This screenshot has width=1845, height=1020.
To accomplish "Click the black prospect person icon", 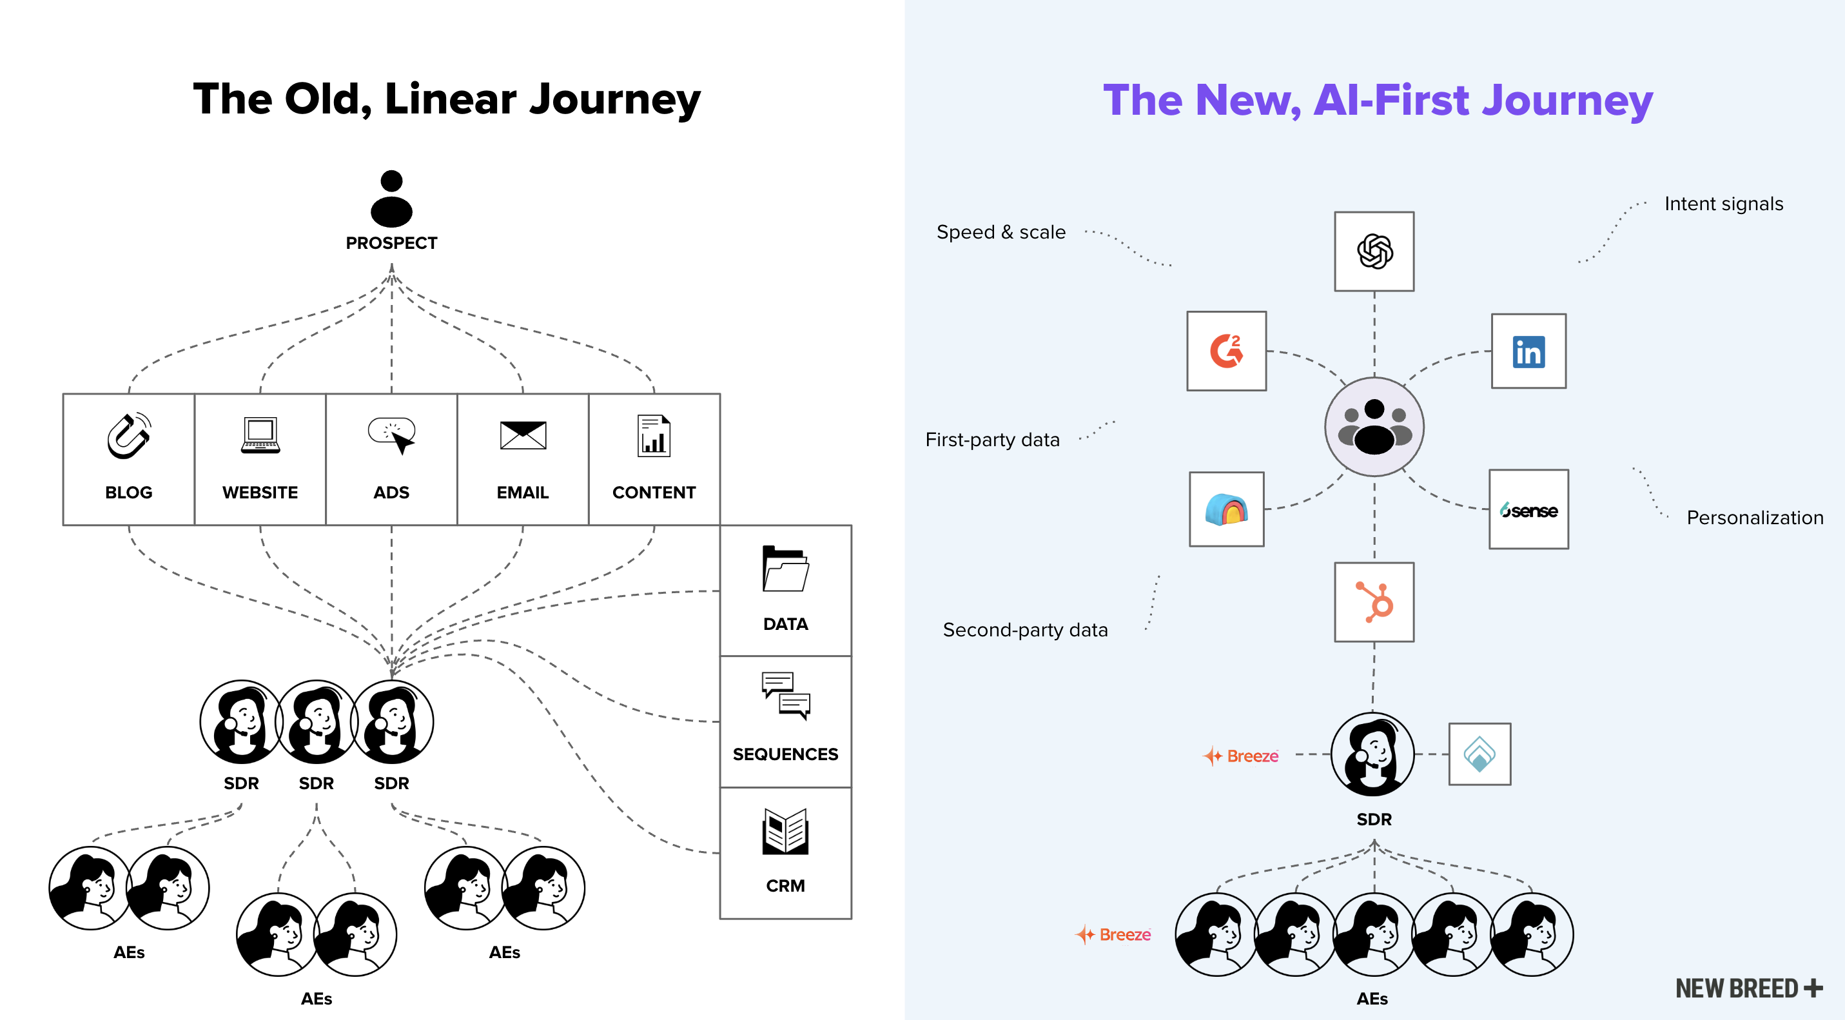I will (391, 199).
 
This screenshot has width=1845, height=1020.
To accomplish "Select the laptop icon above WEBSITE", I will (260, 435).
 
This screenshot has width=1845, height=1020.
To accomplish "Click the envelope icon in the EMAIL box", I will (523, 435).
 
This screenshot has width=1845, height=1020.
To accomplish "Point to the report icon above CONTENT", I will (654, 435).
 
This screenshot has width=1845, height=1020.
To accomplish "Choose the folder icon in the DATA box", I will (785, 569).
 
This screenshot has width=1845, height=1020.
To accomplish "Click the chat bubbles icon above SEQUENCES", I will (785, 695).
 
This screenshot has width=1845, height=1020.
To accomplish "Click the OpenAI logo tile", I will (1374, 251).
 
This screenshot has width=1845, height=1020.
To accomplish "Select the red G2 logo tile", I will (1226, 351).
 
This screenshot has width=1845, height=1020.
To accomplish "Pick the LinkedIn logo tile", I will (1528, 351).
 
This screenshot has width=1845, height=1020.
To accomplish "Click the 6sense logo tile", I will (1528, 510).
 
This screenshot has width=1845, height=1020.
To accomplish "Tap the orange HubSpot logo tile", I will (1374, 602).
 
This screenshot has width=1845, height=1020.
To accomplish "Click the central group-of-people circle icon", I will (1374, 427).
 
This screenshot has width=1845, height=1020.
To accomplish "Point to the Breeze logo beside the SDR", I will (1241, 756).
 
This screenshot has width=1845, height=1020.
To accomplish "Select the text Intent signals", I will (1723, 204).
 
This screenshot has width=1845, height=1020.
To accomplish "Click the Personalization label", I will (1754, 518).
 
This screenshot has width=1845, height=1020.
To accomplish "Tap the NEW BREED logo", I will (1748, 988).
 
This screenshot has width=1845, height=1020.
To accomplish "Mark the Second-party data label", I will (1025, 631).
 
